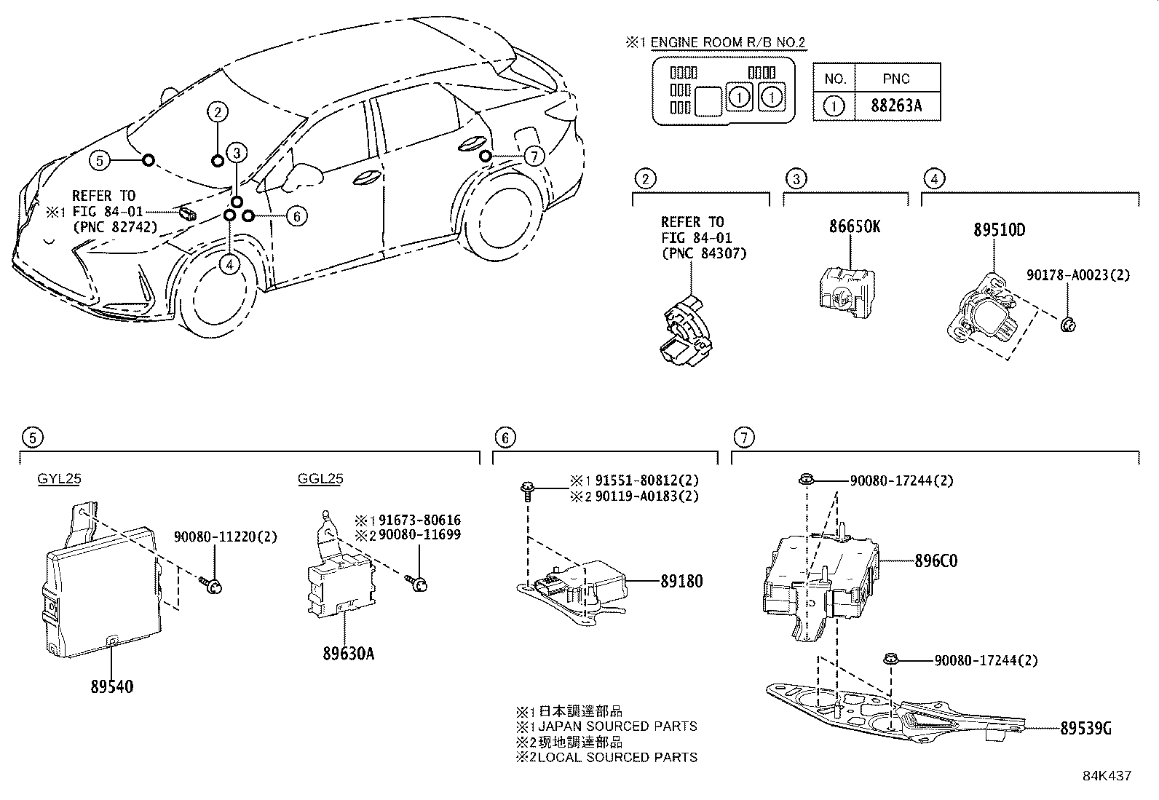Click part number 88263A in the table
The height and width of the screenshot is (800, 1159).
(896, 106)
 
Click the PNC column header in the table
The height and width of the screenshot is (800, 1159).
(896, 79)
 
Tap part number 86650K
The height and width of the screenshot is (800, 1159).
(854, 226)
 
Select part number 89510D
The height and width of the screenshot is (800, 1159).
(999, 230)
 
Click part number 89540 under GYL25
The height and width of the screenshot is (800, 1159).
(112, 686)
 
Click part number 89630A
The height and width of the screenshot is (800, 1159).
(349, 653)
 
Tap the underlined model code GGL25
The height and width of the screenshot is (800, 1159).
(320, 479)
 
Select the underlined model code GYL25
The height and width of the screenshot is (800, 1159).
(60, 479)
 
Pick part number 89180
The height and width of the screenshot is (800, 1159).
(681, 582)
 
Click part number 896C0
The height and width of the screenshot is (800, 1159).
(935, 561)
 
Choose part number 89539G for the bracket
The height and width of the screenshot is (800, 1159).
(1085, 727)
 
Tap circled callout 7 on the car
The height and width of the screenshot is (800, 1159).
(534, 156)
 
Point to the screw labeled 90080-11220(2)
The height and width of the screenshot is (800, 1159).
(214, 582)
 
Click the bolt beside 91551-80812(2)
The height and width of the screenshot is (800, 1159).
(526, 490)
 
